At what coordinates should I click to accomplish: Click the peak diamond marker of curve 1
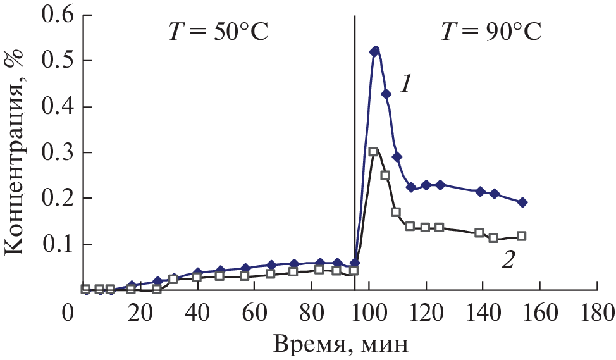(374, 51)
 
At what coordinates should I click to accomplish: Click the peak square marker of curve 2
(373, 151)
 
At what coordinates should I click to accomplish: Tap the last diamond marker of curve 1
(523, 202)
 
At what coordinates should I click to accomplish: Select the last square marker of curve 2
(522, 236)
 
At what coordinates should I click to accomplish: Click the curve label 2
(506, 260)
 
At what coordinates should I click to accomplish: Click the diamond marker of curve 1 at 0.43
(386, 94)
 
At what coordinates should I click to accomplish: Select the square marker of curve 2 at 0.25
(385, 175)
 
